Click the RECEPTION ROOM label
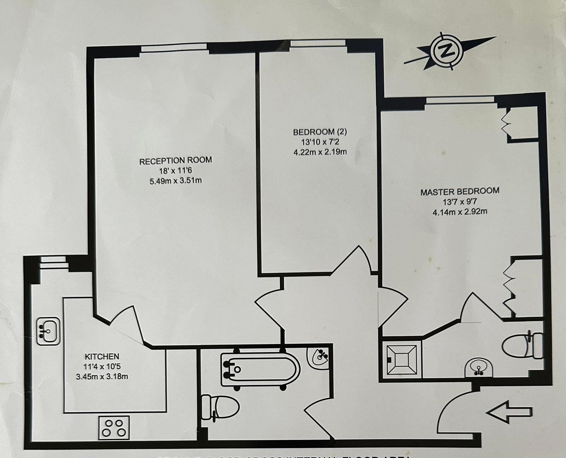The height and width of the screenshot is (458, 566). [175, 161]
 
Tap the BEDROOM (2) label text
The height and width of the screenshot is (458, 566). [320, 132]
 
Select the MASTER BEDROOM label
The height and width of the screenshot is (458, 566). [460, 192]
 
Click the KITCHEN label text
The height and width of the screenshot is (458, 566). [102, 356]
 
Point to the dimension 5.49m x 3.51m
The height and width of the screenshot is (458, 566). [176, 181]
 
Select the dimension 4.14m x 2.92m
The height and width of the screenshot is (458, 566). [460, 212]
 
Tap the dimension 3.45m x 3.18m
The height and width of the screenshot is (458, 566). [102, 376]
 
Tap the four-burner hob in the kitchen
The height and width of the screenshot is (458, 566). [114, 428]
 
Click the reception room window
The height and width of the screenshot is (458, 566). [174, 47]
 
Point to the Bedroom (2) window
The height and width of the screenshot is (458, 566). [318, 43]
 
